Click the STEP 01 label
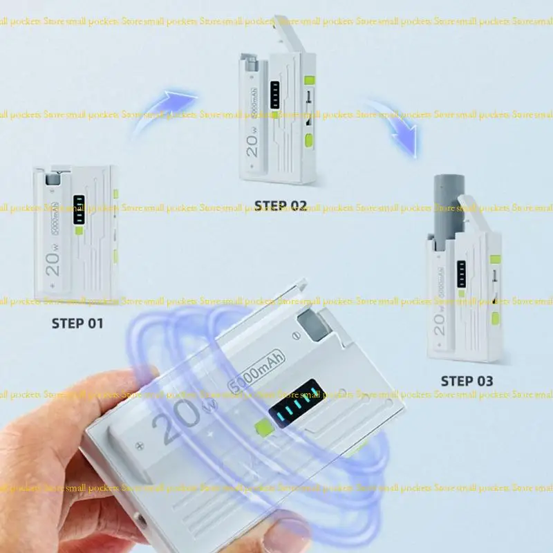coord(77,323)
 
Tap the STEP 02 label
coord(280,205)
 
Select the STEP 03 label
coord(467,381)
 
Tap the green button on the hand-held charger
coord(262,428)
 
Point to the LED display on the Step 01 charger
coord(79,209)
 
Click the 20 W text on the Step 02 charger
coord(252,141)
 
